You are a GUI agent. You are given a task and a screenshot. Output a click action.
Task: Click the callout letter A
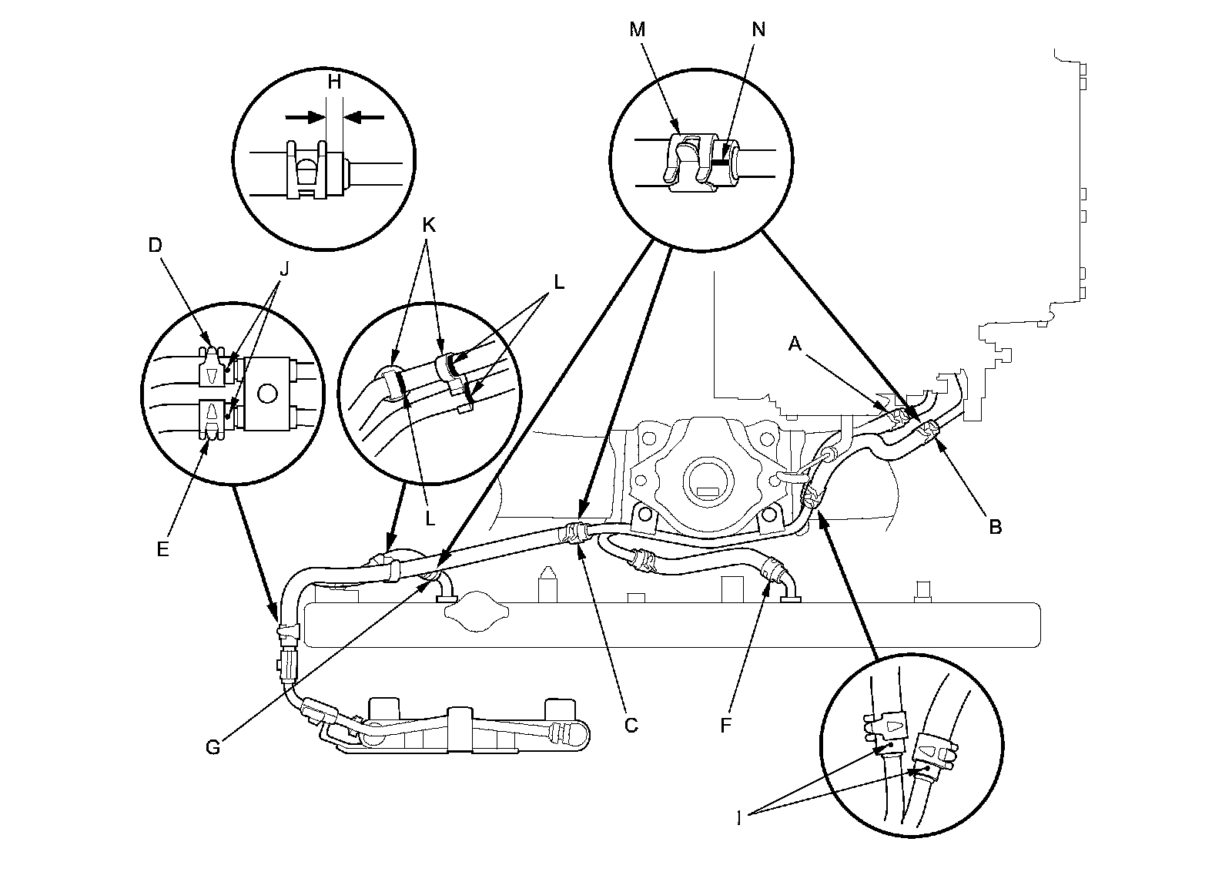(796, 346)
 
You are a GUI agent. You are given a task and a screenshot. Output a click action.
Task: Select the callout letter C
(631, 725)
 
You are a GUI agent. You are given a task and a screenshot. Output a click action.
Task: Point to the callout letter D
(156, 246)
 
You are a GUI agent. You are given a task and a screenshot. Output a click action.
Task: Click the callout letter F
(725, 725)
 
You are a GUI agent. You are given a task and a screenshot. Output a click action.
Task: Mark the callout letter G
(213, 746)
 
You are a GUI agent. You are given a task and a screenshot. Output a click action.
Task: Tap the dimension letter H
(334, 82)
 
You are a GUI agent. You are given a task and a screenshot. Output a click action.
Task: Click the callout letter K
(429, 225)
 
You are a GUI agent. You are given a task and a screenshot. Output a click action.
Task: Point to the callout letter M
(637, 29)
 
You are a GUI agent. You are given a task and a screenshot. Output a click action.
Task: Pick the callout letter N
(758, 29)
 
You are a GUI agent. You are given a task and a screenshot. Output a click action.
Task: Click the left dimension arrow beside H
(305, 117)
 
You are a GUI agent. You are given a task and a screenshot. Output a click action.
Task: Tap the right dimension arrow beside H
(363, 117)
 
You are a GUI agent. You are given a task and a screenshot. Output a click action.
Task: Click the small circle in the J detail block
(267, 394)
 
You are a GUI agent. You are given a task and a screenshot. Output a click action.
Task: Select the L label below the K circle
(430, 518)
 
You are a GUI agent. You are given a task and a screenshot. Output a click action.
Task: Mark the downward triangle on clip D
(212, 375)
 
